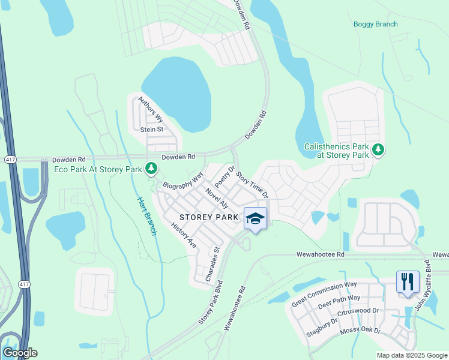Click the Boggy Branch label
375,24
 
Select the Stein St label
151,129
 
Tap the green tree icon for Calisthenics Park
378,149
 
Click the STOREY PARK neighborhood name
209,217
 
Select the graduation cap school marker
255,218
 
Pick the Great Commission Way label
324,293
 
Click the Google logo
20,353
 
